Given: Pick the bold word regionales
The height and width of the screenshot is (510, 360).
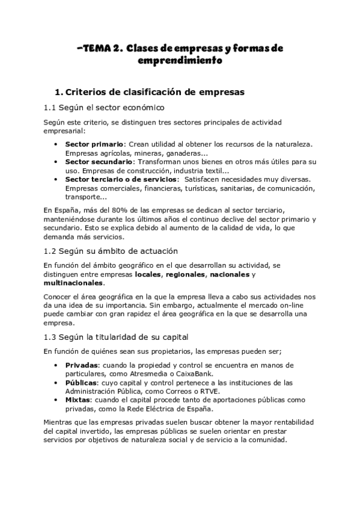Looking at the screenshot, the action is pos(186,274).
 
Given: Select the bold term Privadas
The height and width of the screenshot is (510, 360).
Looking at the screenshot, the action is pos(81,365).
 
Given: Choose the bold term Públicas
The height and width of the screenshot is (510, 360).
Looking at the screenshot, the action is pos(81,382).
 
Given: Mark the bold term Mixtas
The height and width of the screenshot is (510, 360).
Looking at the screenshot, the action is pos(78,399).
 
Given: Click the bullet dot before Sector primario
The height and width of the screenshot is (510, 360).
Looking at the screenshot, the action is pos(56,144).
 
